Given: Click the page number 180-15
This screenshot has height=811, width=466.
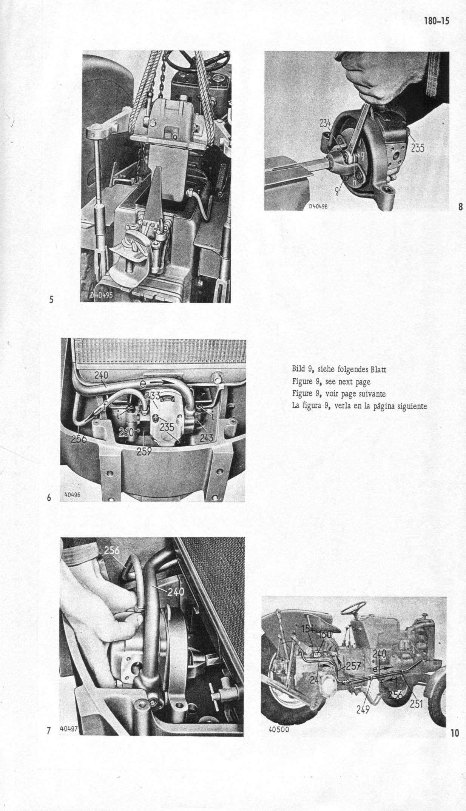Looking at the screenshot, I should tap(437, 21).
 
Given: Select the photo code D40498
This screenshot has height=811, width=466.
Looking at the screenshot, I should tap(320, 206).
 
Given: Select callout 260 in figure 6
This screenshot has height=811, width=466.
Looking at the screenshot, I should tap(126, 432).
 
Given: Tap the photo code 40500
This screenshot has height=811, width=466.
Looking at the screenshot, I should tap(279, 729).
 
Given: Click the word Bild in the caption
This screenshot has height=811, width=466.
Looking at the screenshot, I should tap(298, 369).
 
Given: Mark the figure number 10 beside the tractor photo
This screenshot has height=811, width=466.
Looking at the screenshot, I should tap(455, 733).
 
